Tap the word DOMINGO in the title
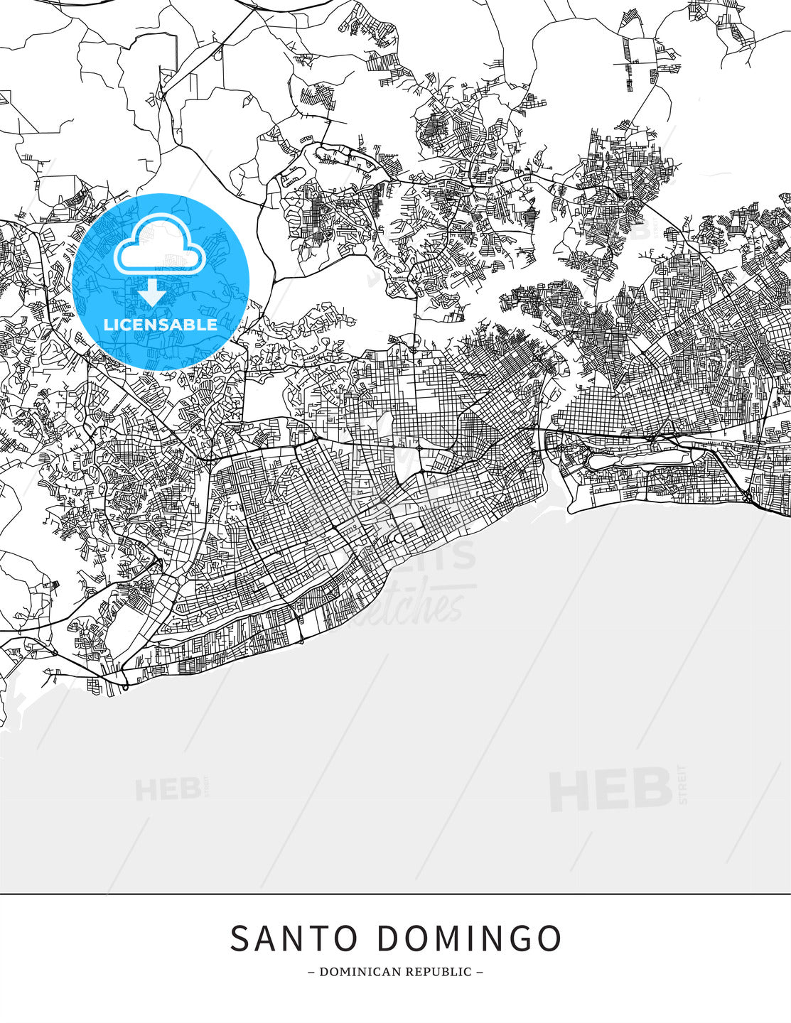click(x=469, y=938)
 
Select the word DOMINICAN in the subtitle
click(x=354, y=972)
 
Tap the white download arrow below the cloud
click(x=151, y=292)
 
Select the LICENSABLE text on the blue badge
click(x=161, y=325)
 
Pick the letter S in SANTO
click(x=241, y=938)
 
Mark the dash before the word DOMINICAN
click(x=311, y=972)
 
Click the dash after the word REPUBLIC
click(x=480, y=972)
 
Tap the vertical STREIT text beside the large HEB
click(x=684, y=784)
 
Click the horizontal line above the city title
click(x=395, y=894)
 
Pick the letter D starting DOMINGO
click(x=388, y=938)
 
